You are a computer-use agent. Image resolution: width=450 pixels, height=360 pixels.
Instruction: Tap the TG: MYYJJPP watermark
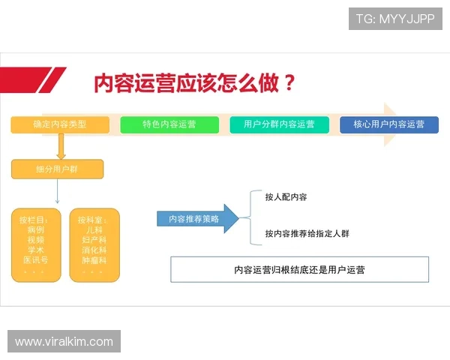pos(395,19)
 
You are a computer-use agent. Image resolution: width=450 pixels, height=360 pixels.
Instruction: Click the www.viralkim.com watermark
pos(64,342)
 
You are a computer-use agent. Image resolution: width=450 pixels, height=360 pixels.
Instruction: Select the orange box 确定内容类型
pos(60,124)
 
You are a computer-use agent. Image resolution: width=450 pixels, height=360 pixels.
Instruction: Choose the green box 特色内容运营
pos(169,124)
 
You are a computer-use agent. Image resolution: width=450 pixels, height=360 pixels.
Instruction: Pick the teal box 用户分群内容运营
pos(279,124)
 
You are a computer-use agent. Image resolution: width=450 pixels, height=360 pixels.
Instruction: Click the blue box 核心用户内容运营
pos(388,124)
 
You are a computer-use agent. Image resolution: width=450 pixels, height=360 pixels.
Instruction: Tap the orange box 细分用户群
pos(57,169)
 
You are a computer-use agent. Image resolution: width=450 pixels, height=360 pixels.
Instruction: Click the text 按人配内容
pos(286,197)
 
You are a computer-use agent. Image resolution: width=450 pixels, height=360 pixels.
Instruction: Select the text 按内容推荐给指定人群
pos(307,233)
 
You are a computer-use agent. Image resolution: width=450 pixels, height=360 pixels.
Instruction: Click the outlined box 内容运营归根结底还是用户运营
pos(299,268)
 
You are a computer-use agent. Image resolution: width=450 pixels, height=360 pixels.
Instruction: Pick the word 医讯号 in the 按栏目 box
pos(35,259)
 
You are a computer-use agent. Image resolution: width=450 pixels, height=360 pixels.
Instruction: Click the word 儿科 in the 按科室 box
pos(94,229)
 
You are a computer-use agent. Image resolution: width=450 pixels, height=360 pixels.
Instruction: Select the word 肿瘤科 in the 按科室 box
pos(94,259)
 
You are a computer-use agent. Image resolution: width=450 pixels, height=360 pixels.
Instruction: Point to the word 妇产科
pos(94,239)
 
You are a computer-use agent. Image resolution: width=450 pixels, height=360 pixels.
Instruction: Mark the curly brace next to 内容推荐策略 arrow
pos(250,215)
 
